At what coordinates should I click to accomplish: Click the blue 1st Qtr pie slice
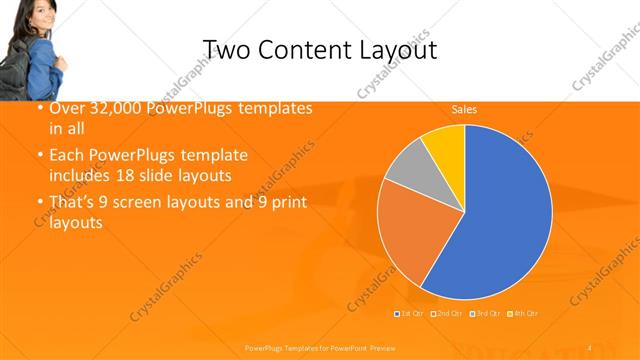(500, 210)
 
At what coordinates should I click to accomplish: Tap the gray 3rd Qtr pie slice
(407, 167)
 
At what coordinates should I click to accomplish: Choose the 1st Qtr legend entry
(411, 313)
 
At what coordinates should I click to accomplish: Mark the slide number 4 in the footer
(589, 347)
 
